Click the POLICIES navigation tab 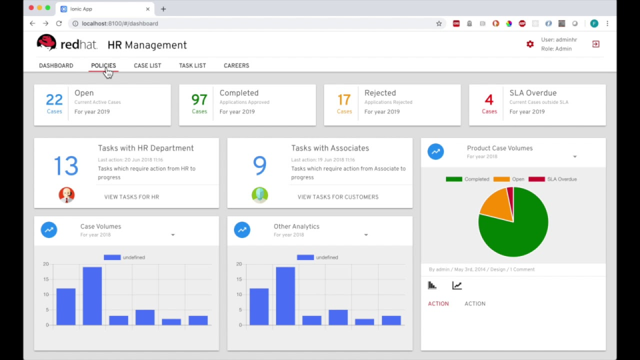point(103,66)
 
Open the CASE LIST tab point(147,66)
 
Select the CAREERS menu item point(236,66)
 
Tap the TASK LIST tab point(192,66)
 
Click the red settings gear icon point(530,44)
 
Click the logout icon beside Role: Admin point(595,44)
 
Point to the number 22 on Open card point(54,100)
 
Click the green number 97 point(199,100)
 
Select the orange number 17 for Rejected point(344,100)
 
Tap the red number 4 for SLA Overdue point(489,100)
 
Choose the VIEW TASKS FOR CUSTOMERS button point(338,197)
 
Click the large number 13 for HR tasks point(66,165)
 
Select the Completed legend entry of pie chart point(467,179)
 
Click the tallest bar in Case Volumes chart point(92,296)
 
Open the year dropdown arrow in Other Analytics point(366,235)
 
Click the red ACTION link point(438,304)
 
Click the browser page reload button point(59,23)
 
